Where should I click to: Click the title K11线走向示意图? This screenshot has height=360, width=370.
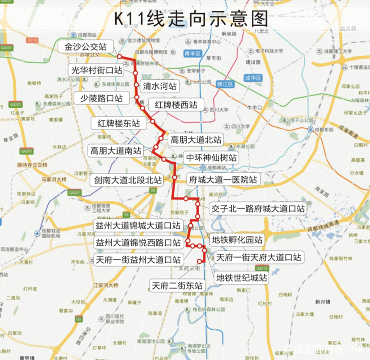point(190,18)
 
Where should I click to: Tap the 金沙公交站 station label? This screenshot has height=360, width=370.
point(86,47)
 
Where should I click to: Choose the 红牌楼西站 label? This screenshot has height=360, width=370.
point(175,105)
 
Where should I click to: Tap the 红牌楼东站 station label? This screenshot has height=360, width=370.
point(118,123)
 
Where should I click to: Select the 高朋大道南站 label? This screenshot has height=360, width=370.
point(115,150)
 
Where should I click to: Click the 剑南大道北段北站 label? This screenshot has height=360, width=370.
point(129,179)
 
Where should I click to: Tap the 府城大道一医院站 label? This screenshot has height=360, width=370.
point(223,179)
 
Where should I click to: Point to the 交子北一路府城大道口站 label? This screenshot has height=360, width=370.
point(258,207)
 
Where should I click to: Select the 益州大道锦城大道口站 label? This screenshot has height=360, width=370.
point(138,225)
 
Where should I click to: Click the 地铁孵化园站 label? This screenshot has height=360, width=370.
point(237,239)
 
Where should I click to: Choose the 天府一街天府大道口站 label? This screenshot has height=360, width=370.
point(259,257)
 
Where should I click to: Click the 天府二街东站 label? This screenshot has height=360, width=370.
point(178,285)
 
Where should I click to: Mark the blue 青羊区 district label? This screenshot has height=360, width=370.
point(192,53)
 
